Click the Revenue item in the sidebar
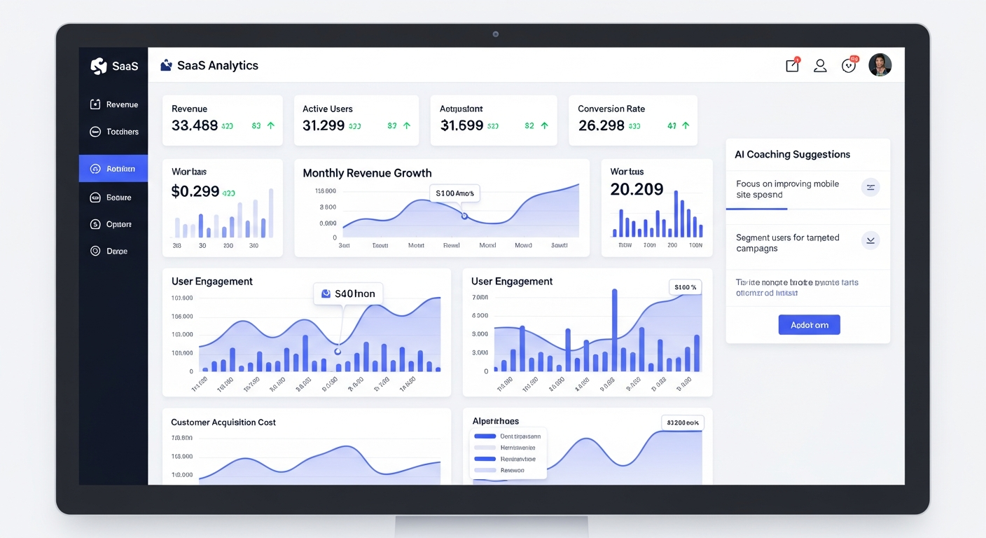pyautogui.click(x=114, y=104)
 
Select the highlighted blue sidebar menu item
pyautogui.click(x=113, y=169)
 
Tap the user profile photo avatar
pyautogui.click(x=880, y=65)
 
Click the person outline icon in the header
pyautogui.click(x=820, y=66)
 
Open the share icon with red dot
pyautogui.click(x=792, y=65)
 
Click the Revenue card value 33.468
pyautogui.click(x=195, y=125)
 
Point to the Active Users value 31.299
pyautogui.click(x=324, y=125)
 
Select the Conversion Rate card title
pyautogui.click(x=611, y=109)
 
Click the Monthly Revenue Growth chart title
pyautogui.click(x=367, y=173)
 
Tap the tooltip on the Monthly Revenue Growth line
pyautogui.click(x=454, y=193)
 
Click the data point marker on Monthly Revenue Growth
pyautogui.click(x=464, y=216)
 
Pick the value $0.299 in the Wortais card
pyautogui.click(x=195, y=191)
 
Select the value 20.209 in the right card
pyautogui.click(x=637, y=189)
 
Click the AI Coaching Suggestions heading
pyautogui.click(x=792, y=154)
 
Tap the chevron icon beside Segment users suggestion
pyautogui.click(x=870, y=240)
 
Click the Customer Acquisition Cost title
pyautogui.click(x=223, y=422)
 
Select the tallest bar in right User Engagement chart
pyautogui.click(x=614, y=330)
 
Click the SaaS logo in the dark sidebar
pyautogui.click(x=114, y=66)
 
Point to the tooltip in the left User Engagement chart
pyautogui.click(x=348, y=294)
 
